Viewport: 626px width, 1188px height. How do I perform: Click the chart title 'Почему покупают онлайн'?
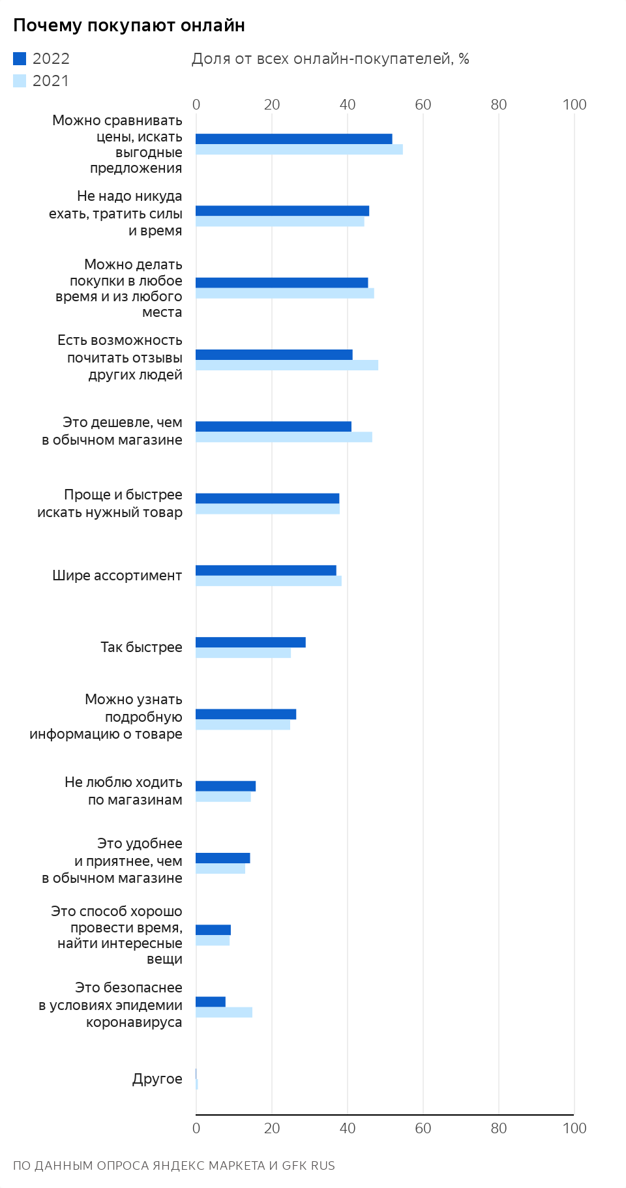click(x=129, y=25)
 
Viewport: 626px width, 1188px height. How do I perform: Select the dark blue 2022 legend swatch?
click(x=20, y=59)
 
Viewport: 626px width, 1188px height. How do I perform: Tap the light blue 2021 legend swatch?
click(x=20, y=81)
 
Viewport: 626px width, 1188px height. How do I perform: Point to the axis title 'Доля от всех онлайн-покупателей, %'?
click(x=330, y=59)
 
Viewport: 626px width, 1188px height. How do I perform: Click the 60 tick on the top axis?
click(x=423, y=104)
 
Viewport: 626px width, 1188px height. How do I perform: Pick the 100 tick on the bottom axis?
click(x=574, y=1128)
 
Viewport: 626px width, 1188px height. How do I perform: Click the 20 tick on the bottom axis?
click(x=272, y=1128)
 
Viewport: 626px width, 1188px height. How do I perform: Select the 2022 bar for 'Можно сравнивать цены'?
click(x=293, y=139)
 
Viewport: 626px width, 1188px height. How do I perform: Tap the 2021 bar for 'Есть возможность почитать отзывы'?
click(x=287, y=365)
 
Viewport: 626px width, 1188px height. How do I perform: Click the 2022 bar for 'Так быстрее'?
click(x=250, y=642)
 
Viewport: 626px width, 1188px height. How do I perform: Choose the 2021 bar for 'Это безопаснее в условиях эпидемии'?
click(x=224, y=1012)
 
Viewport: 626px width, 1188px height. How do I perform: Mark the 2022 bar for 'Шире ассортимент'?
click(x=266, y=571)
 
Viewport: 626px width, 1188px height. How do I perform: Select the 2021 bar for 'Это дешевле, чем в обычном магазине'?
click(x=284, y=437)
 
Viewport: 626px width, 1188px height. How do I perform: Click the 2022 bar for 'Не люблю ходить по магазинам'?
click(x=226, y=786)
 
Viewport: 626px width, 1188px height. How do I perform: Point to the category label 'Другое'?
click(x=157, y=1079)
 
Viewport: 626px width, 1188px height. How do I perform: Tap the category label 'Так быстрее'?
click(x=142, y=647)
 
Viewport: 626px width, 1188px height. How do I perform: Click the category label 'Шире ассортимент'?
click(x=117, y=576)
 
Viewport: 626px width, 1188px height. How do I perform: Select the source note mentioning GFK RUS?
click(x=173, y=1166)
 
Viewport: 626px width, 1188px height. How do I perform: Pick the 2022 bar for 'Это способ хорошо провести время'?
click(x=213, y=930)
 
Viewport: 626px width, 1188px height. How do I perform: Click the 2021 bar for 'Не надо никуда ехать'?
click(x=280, y=222)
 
